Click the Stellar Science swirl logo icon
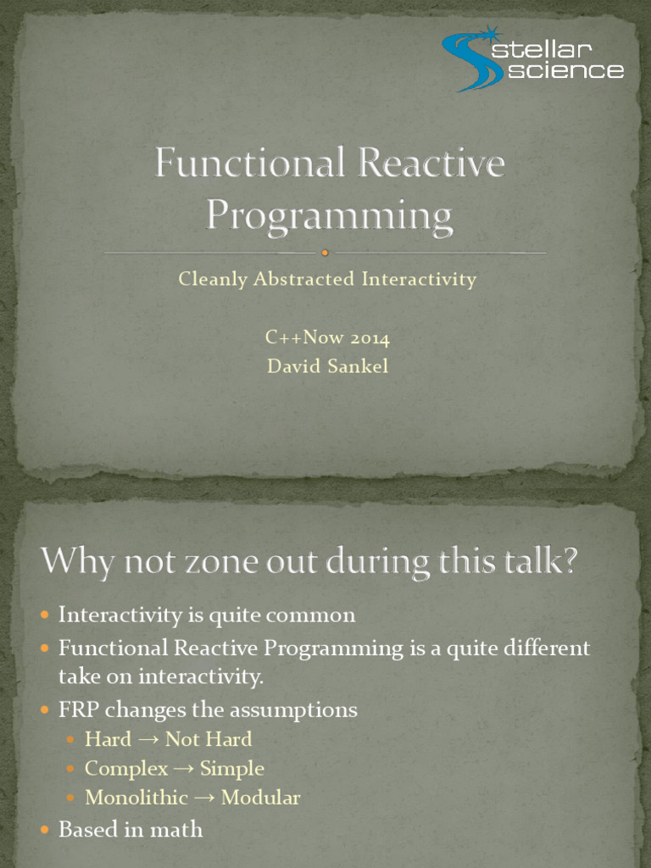(472, 59)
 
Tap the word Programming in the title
(330, 216)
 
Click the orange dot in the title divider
(325, 253)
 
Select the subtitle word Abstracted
(303, 278)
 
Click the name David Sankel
(328, 366)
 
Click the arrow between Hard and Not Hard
(148, 739)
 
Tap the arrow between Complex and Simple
(183, 769)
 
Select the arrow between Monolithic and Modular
(204, 798)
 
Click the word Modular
(261, 797)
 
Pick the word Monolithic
(136, 797)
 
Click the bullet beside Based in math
(45, 829)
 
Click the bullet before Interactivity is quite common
(45, 615)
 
